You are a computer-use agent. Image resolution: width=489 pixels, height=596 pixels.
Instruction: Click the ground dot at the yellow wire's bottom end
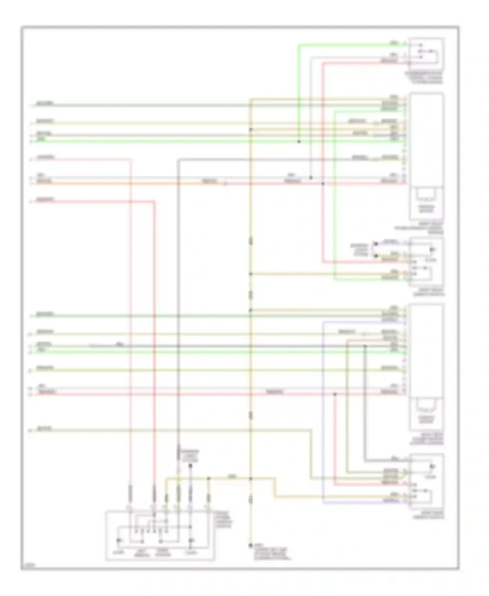pyautogui.click(x=251, y=545)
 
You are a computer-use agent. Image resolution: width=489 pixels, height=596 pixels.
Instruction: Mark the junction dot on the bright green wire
pyautogui.click(x=299, y=142)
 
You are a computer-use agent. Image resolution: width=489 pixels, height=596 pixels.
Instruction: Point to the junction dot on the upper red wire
pyautogui.click(x=323, y=184)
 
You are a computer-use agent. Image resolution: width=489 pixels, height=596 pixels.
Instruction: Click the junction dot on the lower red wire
pyautogui.click(x=334, y=394)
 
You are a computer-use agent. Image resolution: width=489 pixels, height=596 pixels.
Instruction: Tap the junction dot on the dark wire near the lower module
pyautogui.click(x=365, y=346)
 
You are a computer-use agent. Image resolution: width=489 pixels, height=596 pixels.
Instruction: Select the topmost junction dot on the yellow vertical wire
pyautogui.click(x=251, y=129)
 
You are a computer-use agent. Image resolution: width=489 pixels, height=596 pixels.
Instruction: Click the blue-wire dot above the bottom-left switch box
pyautogui.click(x=191, y=466)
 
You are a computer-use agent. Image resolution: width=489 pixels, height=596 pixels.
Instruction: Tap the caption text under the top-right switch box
pyautogui.click(x=424, y=78)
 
